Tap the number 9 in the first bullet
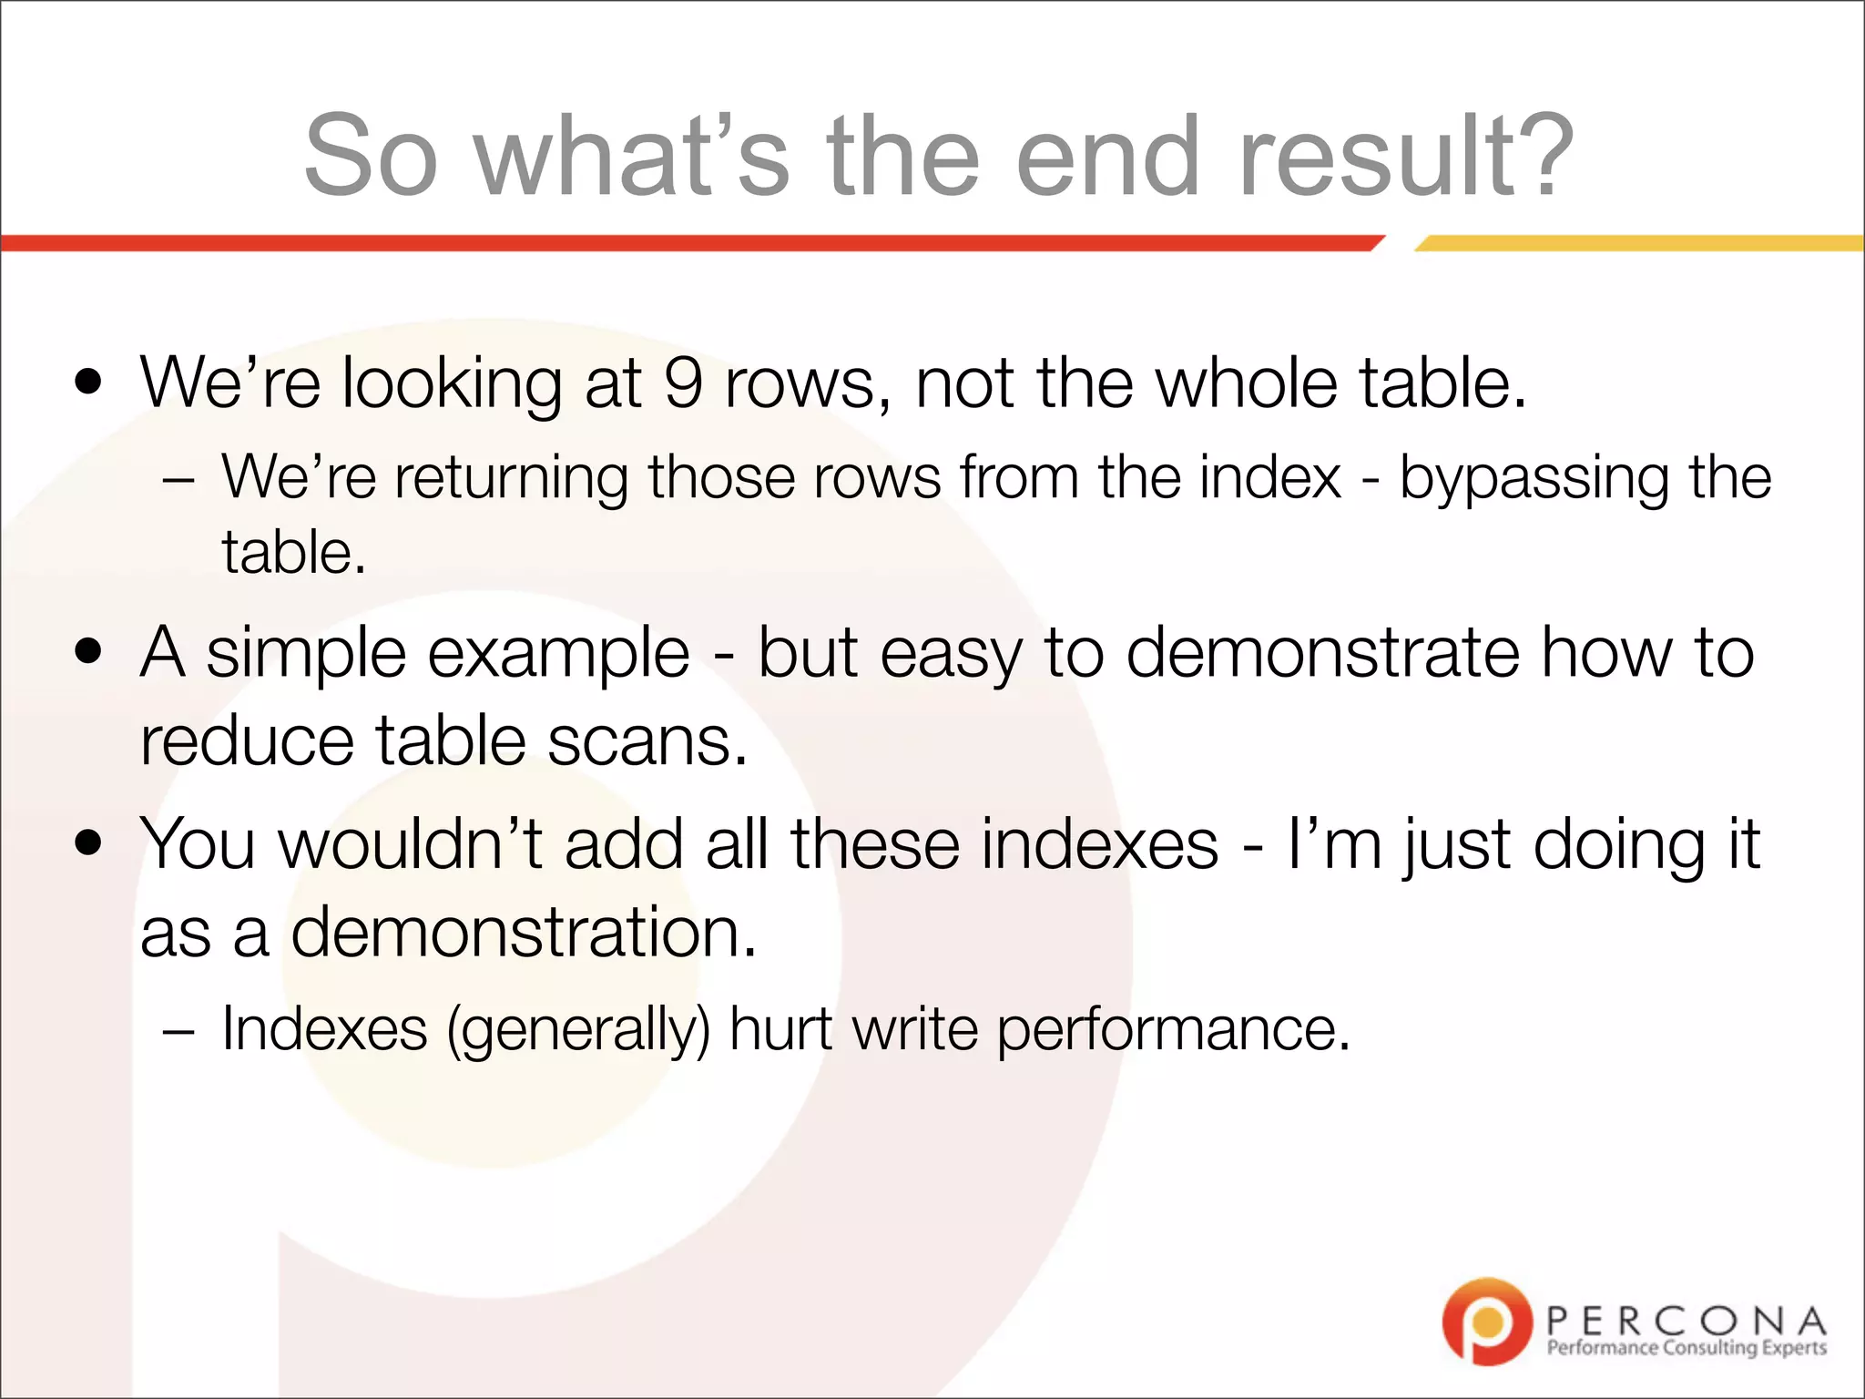pyautogui.click(x=683, y=383)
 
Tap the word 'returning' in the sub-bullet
pyautogui.click(x=512, y=479)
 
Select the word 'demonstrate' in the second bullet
pyautogui.click(x=1323, y=653)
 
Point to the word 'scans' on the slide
pyautogui.click(x=647, y=740)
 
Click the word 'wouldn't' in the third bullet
pyautogui.click(x=410, y=844)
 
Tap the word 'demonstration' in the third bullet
pyautogui.click(x=524, y=933)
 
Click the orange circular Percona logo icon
pyautogui.click(x=1487, y=1322)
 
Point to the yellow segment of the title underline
pyautogui.click(x=1639, y=243)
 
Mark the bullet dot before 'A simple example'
pyautogui.click(x=88, y=652)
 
